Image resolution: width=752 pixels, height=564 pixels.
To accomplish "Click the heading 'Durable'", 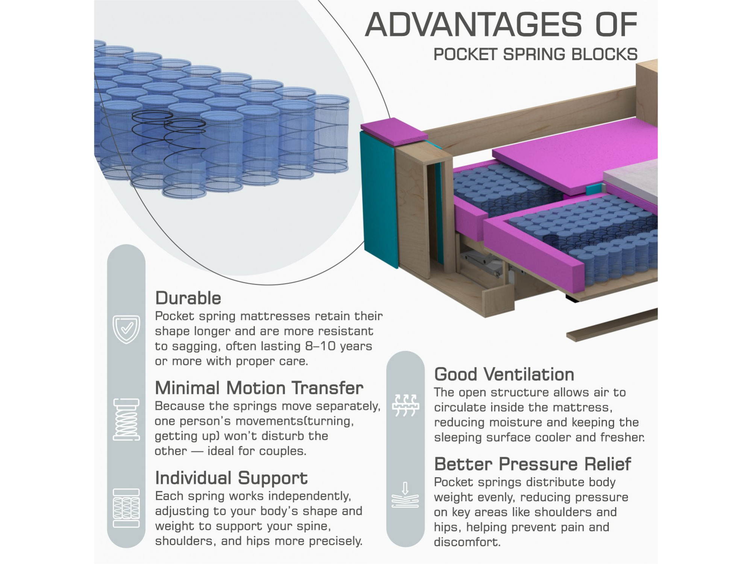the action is pyautogui.click(x=188, y=298).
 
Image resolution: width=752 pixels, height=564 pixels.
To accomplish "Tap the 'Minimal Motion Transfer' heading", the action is pyautogui.click(x=259, y=388).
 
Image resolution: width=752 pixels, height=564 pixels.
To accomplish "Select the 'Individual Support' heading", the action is pyautogui.click(x=231, y=478).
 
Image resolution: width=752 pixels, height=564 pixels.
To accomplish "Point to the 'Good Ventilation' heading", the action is pyautogui.click(x=504, y=374).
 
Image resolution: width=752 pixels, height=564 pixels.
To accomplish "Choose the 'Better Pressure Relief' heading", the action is pyautogui.click(x=532, y=464).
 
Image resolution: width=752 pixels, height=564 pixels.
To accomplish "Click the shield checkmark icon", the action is pyautogui.click(x=126, y=329).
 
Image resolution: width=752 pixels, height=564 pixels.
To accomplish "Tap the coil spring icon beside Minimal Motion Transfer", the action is pyautogui.click(x=126, y=419).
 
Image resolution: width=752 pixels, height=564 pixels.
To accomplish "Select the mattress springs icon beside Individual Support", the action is pyautogui.click(x=126, y=508).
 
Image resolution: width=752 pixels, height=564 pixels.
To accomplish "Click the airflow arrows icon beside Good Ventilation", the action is pyautogui.click(x=405, y=405).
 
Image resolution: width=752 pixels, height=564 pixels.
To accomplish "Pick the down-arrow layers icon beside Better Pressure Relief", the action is pyautogui.click(x=405, y=495).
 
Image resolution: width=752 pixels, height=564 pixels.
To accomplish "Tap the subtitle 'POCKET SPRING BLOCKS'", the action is pyautogui.click(x=535, y=55).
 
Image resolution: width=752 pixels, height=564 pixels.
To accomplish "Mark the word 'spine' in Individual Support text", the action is pyautogui.click(x=315, y=526).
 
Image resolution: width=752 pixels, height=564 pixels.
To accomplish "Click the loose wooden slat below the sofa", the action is pyautogui.click(x=612, y=325).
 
